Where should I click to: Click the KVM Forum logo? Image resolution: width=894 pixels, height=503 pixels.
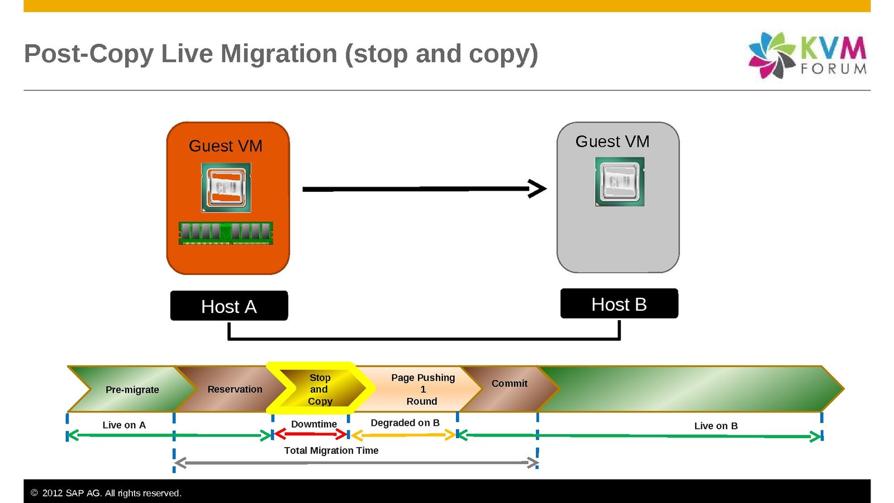[807, 55]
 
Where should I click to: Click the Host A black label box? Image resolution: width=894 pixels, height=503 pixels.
[229, 306]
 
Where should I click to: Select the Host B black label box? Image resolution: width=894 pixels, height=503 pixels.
[619, 303]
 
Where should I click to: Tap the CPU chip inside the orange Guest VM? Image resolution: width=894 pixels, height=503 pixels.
[226, 187]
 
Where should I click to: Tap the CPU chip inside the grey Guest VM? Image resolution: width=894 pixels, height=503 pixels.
[620, 182]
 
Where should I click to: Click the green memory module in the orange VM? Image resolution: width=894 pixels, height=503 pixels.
[226, 233]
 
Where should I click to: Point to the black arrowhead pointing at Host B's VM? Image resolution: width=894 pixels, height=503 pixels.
[537, 188]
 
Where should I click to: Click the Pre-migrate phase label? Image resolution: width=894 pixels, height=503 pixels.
[132, 390]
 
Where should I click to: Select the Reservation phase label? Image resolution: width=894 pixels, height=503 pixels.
[235, 389]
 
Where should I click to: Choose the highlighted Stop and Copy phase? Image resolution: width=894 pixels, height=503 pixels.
[320, 389]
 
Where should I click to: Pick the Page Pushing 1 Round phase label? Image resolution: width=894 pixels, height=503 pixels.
[422, 389]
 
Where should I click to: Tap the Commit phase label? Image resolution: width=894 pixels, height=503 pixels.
[509, 383]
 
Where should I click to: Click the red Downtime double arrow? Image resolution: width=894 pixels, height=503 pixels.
[311, 434]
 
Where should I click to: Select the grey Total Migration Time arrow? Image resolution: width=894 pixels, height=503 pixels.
[356, 463]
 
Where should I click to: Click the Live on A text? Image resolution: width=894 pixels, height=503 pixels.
[124, 425]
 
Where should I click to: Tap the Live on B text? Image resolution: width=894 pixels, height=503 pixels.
[716, 426]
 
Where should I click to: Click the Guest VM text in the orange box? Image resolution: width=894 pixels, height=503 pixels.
[226, 146]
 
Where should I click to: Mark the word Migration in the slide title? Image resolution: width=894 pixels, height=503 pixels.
[279, 54]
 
